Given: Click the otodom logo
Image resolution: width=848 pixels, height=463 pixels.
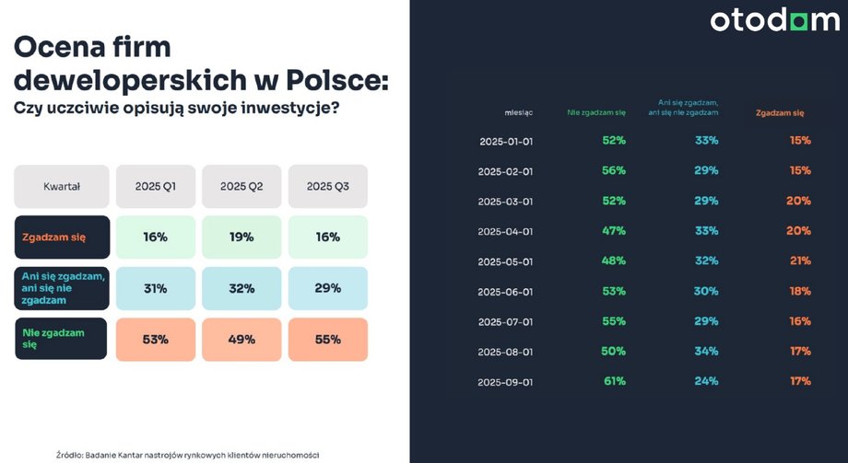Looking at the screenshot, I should coord(773,20).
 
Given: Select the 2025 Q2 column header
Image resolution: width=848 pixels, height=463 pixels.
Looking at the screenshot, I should coord(241,187).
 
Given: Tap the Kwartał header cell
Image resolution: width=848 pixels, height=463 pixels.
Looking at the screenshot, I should coord(62,187).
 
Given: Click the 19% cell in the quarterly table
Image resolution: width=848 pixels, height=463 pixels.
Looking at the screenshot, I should coord(241,237).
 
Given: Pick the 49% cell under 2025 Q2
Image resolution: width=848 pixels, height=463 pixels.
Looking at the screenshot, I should coord(241,339).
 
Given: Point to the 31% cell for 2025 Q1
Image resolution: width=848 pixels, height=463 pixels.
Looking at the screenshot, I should coord(155,288).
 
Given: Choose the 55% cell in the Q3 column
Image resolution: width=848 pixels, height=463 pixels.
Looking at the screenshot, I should coord(328,339).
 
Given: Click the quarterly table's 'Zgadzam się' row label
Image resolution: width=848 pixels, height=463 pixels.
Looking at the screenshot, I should coord(62,237).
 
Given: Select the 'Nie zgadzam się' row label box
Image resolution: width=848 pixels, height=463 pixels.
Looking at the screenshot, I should coord(62,339).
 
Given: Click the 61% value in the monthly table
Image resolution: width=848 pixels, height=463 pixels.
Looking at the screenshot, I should coord(614,380).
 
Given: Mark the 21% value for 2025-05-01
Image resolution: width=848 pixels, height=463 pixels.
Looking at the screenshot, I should coord(799,260).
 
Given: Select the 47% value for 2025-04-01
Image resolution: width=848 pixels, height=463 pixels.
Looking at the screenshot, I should coord(614,230).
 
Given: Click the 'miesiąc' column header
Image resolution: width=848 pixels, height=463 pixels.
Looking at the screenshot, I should coord(519,112).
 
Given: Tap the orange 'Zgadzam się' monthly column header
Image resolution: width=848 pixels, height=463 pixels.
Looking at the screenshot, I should coord(780,112).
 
